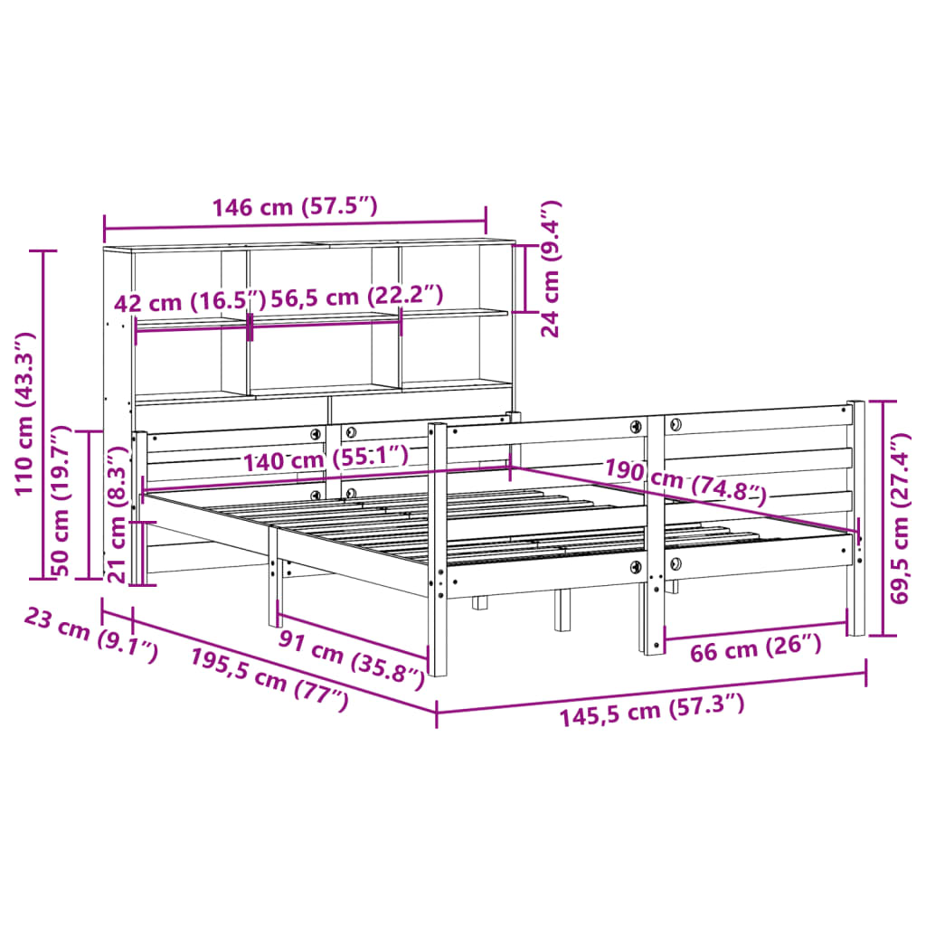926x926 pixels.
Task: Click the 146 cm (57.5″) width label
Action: coord(294,207)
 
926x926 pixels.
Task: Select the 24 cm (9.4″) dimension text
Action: coord(551,269)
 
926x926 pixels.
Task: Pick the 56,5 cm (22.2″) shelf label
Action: coord(348,296)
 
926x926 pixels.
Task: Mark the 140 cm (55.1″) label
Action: coord(325,459)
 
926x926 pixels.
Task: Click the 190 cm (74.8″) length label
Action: coord(685,481)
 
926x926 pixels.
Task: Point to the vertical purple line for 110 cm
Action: coord(43,413)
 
